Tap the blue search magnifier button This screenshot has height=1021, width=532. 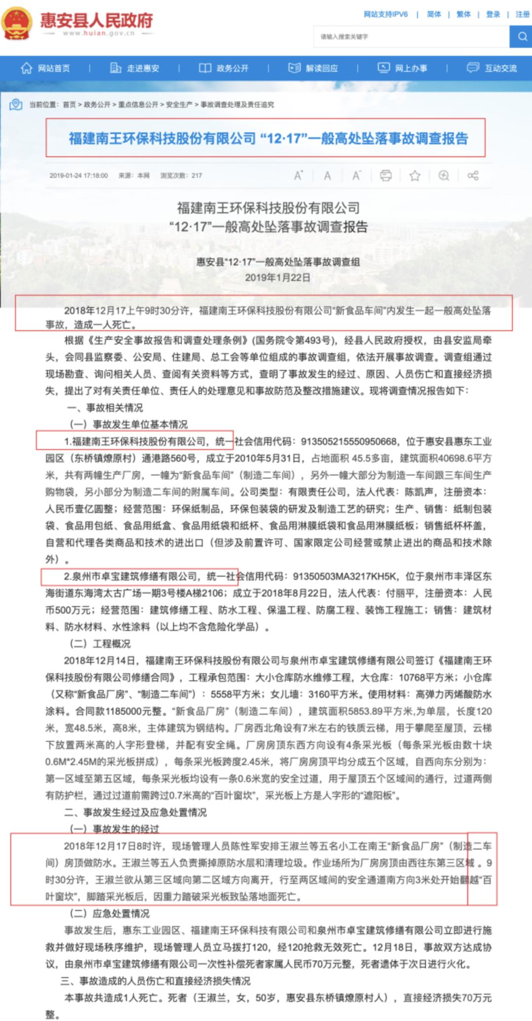(521, 36)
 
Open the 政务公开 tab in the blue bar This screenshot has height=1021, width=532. (224, 68)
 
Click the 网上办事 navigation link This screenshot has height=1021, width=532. (402, 68)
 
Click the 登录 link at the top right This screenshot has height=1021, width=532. (493, 14)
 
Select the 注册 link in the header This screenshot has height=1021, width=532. (522, 14)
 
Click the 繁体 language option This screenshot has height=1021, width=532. (464, 14)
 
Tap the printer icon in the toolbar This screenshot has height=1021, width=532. (386, 175)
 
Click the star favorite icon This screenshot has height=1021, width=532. (415, 175)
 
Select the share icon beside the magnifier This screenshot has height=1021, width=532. (473, 175)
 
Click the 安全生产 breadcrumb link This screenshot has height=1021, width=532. (179, 104)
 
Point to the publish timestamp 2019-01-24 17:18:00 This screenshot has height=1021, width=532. (78, 175)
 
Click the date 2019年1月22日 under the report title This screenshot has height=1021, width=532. (278, 277)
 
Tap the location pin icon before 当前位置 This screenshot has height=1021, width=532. (16, 104)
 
